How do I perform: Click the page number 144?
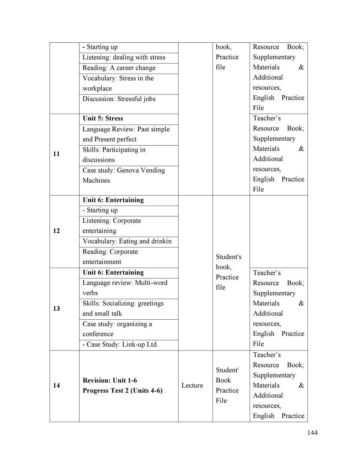point(312,433)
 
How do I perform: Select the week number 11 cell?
point(56,154)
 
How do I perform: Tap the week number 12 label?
point(56,231)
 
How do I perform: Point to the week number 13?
point(56,308)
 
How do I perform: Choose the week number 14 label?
point(56,385)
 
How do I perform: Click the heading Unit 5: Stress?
point(103,119)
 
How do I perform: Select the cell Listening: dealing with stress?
point(124,57)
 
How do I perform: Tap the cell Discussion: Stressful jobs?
point(119,99)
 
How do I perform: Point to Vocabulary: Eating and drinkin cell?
point(127,241)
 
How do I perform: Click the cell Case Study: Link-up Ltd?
point(120,344)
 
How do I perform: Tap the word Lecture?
point(192,385)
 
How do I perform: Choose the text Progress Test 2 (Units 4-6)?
point(123,391)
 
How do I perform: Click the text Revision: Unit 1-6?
point(110,380)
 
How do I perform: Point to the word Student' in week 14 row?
point(227,370)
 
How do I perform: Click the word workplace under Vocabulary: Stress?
point(97,89)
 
